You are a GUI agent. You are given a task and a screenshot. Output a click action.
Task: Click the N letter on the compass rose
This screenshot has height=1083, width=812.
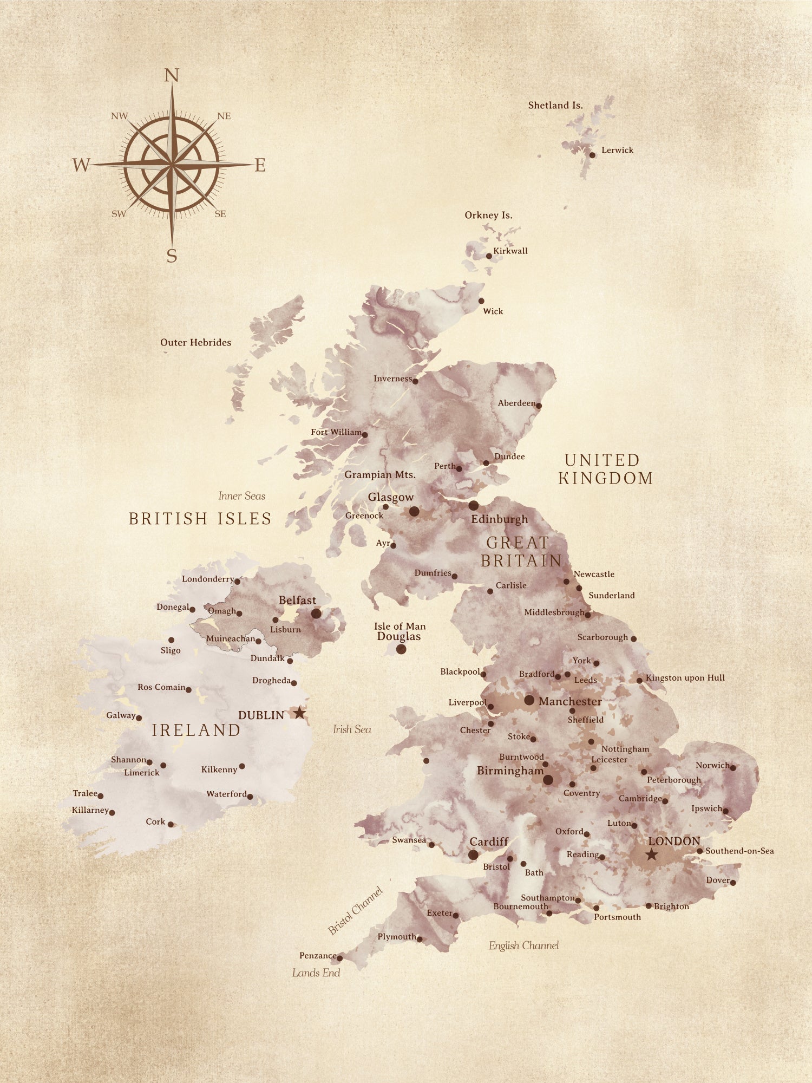pos(172,75)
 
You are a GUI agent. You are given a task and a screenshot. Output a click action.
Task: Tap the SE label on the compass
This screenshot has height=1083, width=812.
pos(220,214)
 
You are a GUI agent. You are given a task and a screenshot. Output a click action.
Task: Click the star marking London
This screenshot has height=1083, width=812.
pos(652,854)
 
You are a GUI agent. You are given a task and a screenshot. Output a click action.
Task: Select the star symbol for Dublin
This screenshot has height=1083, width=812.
pos(299,713)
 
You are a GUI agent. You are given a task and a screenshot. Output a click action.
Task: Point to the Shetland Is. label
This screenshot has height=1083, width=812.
pos(555,106)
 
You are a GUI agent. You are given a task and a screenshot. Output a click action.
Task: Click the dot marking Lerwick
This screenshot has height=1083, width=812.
pos(592,155)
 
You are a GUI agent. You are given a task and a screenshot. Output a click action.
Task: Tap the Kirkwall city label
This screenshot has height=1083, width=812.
pos(510,251)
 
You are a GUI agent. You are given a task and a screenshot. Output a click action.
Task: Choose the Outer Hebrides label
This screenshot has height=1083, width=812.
pos(195,342)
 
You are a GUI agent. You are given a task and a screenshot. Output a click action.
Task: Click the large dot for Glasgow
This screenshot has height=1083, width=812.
pos(414,511)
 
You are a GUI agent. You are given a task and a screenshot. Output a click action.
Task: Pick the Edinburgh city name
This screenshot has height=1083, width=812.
pos(499,519)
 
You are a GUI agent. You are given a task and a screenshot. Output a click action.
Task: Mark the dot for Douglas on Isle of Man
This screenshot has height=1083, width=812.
pos(401,649)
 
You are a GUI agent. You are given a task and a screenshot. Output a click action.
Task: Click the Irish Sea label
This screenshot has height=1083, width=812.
pos(352,729)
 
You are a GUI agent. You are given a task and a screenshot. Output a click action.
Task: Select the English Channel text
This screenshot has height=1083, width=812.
pos(523,945)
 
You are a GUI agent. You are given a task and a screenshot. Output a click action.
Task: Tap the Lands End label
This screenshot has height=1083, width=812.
pos(316,973)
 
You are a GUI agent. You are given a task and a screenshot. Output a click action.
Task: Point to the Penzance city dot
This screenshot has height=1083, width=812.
pos(340,958)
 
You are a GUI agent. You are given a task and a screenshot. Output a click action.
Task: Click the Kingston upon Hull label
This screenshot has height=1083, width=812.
pos(685,677)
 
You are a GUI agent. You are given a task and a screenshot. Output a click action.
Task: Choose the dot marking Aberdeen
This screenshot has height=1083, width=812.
pos(539,405)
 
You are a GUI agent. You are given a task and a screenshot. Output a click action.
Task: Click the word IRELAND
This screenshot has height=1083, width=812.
pos(196,730)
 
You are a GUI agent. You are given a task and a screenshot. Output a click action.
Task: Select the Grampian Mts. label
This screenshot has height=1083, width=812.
pos(380,475)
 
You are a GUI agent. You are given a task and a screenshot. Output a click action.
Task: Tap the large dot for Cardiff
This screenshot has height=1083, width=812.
pos(473,855)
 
